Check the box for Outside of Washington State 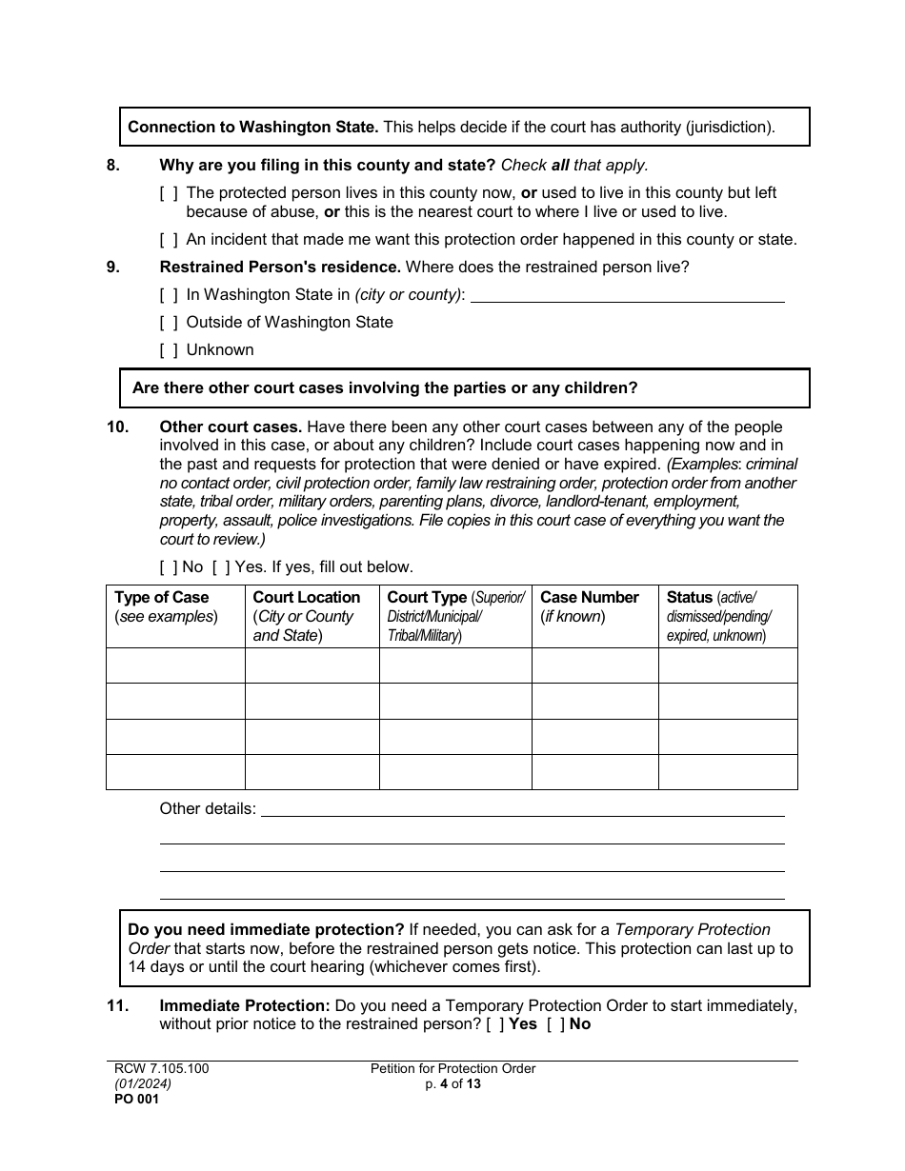pos(169,323)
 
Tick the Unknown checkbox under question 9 pos(169,350)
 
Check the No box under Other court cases pos(169,567)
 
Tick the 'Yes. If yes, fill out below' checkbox pos(221,567)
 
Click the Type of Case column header pos(162,598)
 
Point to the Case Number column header pos(589,598)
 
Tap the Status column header pos(690,598)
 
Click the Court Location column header pos(306,598)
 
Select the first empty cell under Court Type pos(454,665)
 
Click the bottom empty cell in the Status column pos(727,772)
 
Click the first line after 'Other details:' pos(522,809)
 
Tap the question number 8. pos(113,165)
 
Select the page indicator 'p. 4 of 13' pos(452,1083)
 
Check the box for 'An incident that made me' pos(169,240)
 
